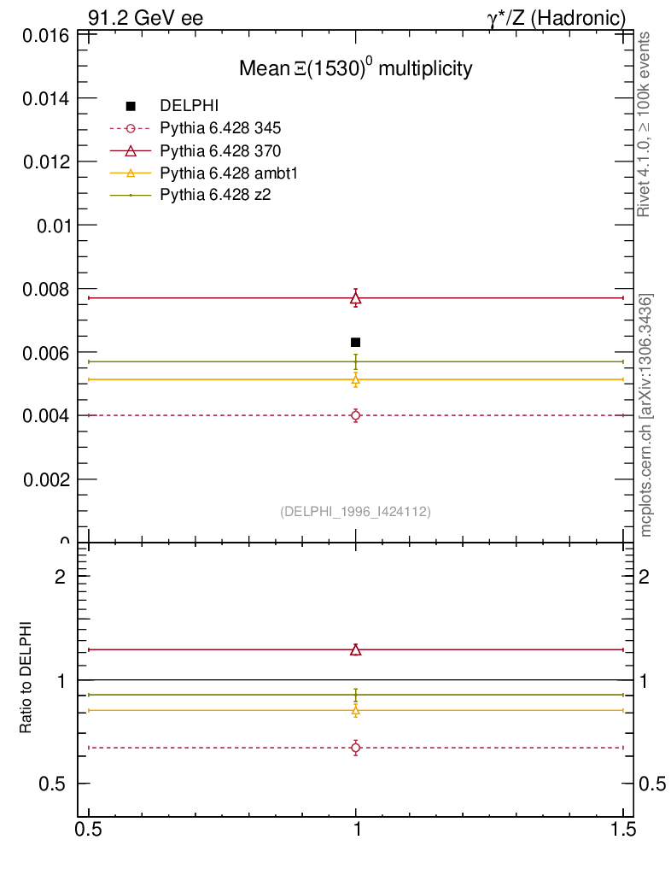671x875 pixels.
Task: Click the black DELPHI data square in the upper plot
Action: (356, 342)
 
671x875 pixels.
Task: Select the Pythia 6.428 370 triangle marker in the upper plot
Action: (356, 298)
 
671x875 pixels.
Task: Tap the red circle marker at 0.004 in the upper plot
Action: (356, 415)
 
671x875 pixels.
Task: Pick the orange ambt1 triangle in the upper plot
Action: (356, 379)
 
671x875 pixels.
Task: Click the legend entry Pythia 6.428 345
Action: (220, 128)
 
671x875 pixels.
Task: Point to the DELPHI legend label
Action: (190, 106)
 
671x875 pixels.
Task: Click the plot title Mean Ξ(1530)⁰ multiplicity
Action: (355, 69)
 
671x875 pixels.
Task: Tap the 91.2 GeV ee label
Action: (145, 17)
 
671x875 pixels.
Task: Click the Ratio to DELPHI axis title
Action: (26, 678)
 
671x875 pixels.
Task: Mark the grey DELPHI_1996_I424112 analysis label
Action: (355, 512)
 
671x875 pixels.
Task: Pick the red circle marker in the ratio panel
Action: (356, 748)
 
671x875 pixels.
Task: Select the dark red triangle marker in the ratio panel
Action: (356, 649)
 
